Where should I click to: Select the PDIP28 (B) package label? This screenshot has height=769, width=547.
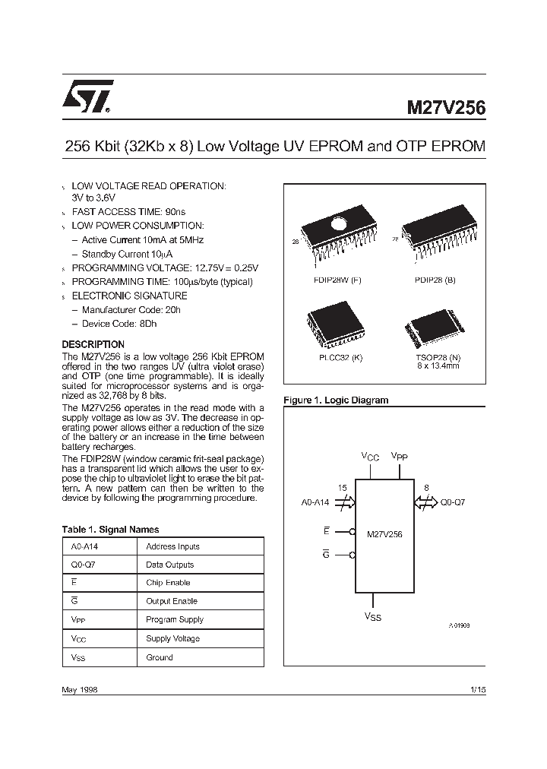[436, 280]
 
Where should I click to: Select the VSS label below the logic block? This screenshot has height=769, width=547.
[372, 617]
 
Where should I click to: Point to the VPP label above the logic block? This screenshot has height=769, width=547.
[399, 456]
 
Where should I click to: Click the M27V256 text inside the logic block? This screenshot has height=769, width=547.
[384, 534]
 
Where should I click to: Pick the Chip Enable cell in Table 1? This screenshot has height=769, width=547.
[169, 583]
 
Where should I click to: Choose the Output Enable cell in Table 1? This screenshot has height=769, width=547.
[172, 601]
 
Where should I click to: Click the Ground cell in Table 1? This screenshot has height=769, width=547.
[160, 657]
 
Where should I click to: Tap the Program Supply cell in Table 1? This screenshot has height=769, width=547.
[175, 619]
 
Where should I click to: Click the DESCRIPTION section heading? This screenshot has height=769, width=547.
[93, 344]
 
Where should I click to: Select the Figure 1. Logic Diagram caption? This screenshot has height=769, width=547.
[335, 400]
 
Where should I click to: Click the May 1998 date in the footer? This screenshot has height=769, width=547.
[79, 689]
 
